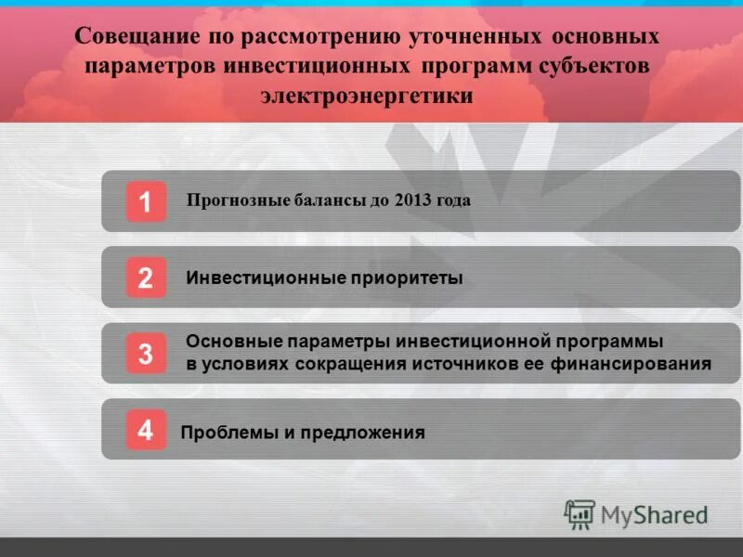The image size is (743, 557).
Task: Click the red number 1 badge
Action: [146, 201]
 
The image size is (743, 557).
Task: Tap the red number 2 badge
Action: [146, 278]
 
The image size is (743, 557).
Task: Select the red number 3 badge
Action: [146, 354]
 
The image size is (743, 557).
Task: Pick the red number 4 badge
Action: [146, 430]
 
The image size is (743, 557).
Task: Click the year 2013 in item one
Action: [411, 200]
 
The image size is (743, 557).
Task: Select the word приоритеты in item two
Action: [406, 278]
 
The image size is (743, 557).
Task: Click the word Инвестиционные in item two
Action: [265, 278]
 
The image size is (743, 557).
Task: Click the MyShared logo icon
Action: [580, 514]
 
